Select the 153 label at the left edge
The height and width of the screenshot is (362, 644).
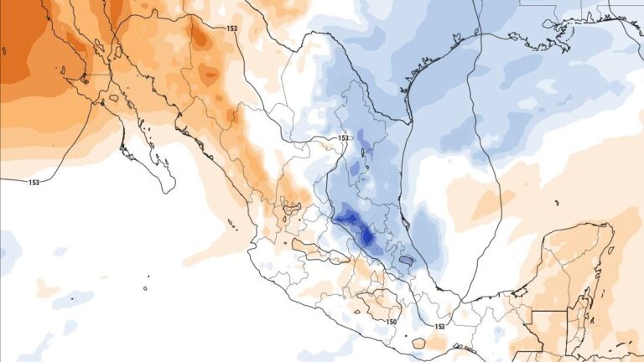[x=34, y=182]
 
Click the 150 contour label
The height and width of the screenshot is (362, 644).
[x=392, y=321]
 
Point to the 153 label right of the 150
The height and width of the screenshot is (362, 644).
[x=439, y=325]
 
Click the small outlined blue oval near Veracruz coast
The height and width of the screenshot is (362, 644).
[x=407, y=261]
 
